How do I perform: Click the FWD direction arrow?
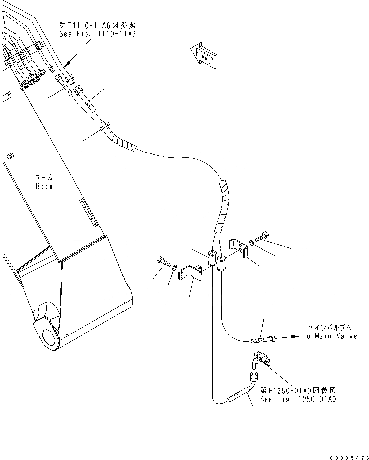[x=204, y=55]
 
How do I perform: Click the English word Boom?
[x=44, y=186]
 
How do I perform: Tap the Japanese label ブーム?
[x=44, y=178]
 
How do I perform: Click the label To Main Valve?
[x=330, y=336]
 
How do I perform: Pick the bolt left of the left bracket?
[x=162, y=261]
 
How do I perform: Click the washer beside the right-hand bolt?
[x=252, y=243]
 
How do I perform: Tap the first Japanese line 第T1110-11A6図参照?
[x=97, y=25]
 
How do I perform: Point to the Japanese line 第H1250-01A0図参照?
[x=298, y=390]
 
